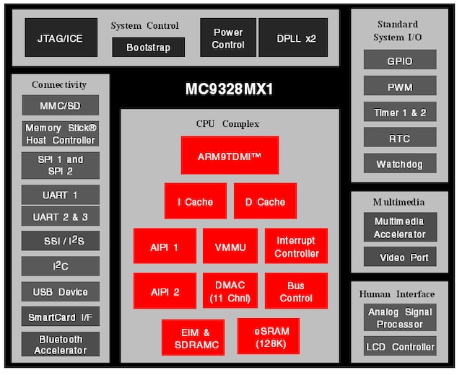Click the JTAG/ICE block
[61, 37]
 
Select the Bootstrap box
[148, 48]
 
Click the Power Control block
[228, 37]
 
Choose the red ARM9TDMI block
[230, 155]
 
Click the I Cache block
[195, 201]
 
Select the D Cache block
[265, 201]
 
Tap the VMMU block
[230, 247]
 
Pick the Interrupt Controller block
[296, 247]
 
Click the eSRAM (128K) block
[268, 337]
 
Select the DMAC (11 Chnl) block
[230, 291]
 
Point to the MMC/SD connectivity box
[60, 106]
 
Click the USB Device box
[60, 292]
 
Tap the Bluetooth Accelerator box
[60, 345]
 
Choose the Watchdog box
[400, 164]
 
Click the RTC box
[400, 138]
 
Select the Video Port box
[399, 257]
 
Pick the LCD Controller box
[400, 346]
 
